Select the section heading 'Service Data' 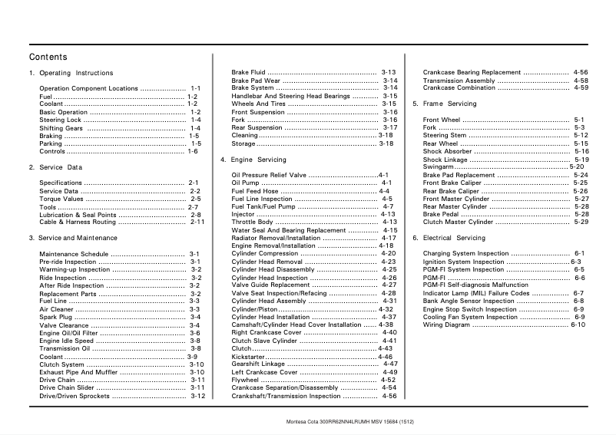(x=55, y=166)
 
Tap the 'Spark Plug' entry (x=56, y=317)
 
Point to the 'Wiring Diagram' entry (x=447, y=325)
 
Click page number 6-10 (x=578, y=325)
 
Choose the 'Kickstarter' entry (x=248, y=357)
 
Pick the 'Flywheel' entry (x=245, y=380)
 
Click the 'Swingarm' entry (x=438, y=166)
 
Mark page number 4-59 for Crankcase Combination (x=581, y=88)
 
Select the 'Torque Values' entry (x=61, y=199)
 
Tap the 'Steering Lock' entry (x=60, y=120)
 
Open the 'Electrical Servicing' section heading (x=449, y=238)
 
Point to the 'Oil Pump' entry (x=245, y=183)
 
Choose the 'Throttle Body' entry (x=252, y=222)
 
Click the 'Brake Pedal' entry (x=441, y=214)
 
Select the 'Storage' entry (x=243, y=143)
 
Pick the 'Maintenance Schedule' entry (x=74, y=254)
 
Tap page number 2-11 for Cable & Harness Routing (x=197, y=222)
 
